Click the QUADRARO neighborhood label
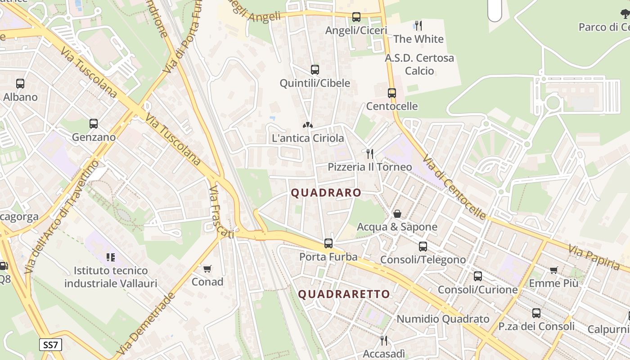[326, 193]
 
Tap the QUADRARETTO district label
[344, 294]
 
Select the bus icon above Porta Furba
[328, 243]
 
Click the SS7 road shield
[50, 345]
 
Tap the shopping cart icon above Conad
[207, 269]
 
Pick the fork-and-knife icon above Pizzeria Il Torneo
[369, 154]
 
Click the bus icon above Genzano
[94, 124]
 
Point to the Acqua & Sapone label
[397, 227]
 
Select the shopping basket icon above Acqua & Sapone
[397, 214]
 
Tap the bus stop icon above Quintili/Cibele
[315, 70]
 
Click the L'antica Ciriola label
[308, 138]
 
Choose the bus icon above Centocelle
[392, 93]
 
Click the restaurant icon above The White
[418, 26]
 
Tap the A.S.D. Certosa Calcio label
[419, 64]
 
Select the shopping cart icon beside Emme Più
[553, 270]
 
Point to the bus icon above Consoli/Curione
[478, 276]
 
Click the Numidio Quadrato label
[443, 319]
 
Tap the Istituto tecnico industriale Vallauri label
[111, 277]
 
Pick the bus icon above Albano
[20, 84]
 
